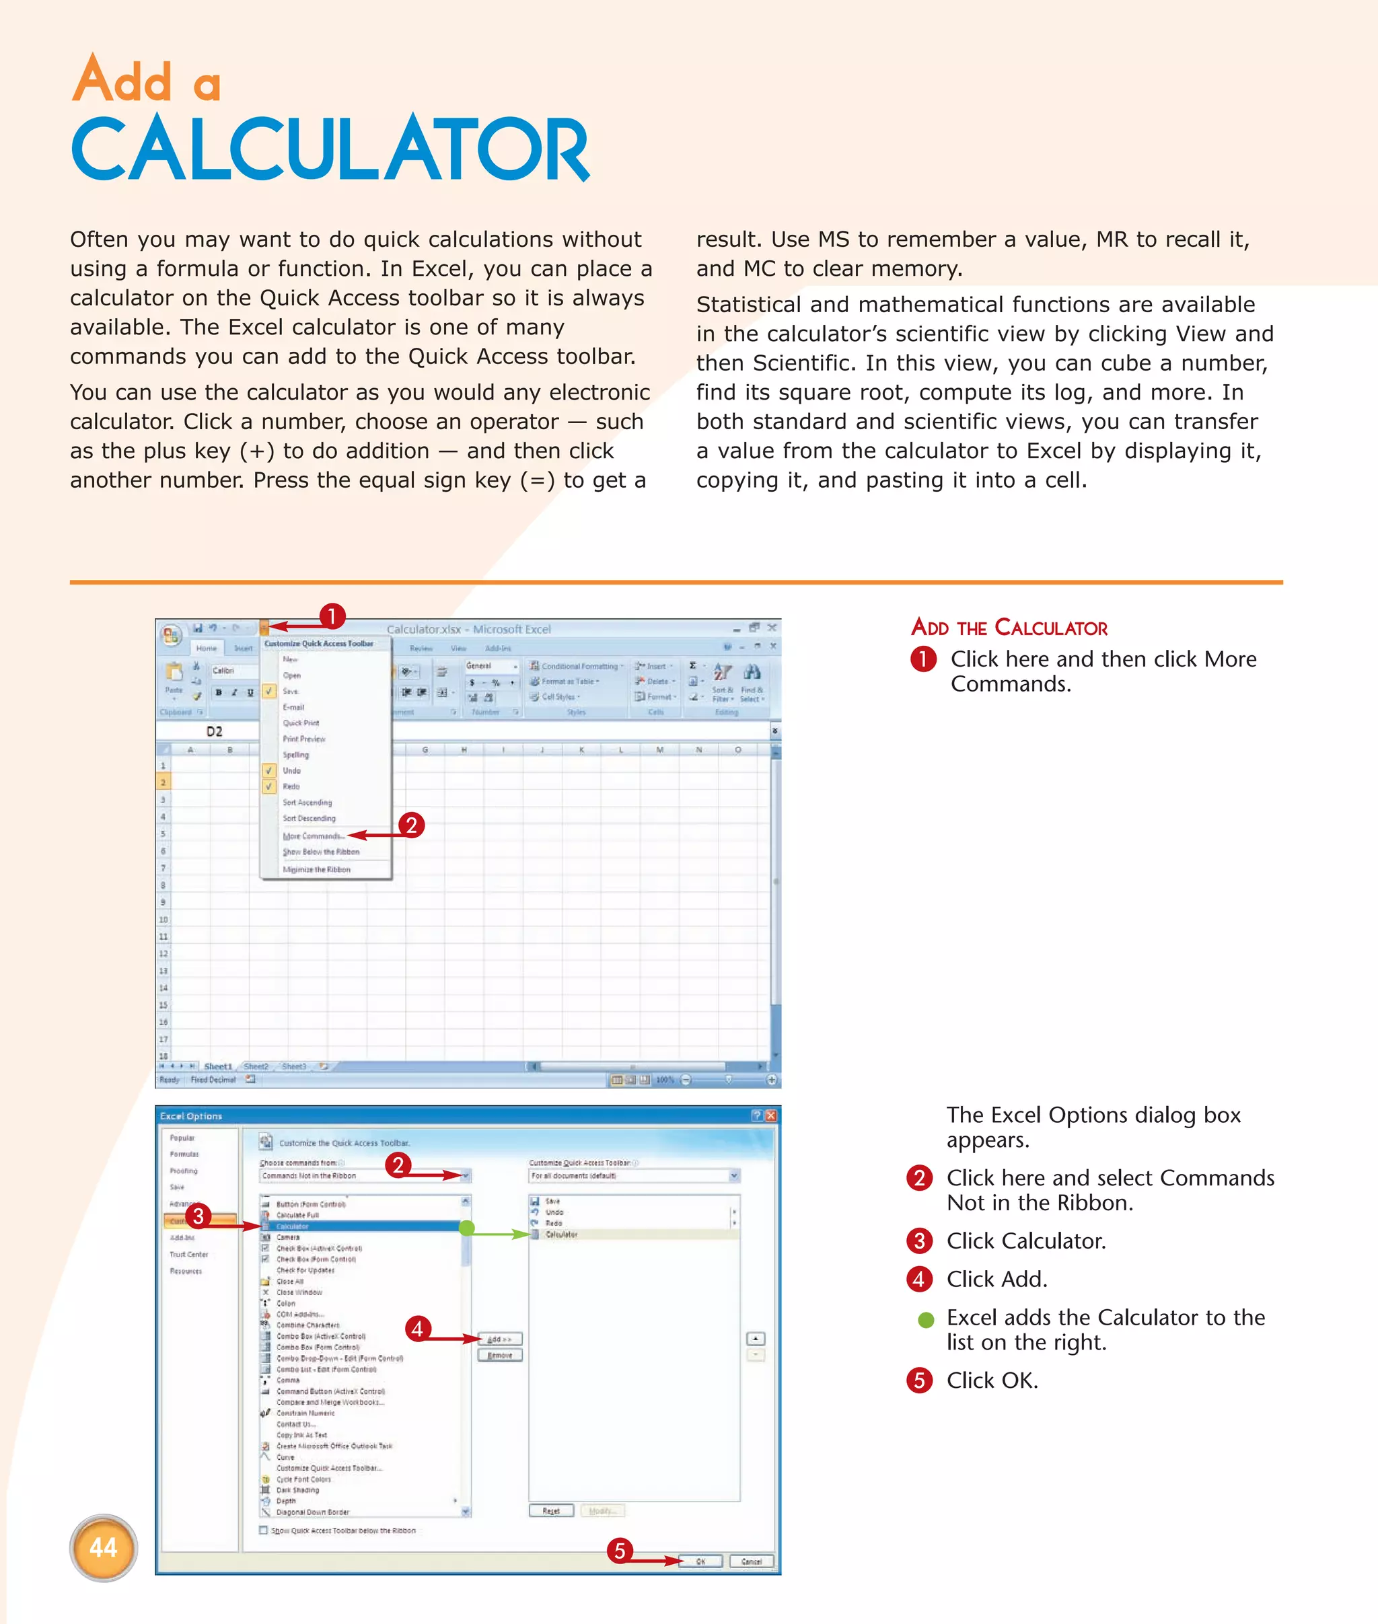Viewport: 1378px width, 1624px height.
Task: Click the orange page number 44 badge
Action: tap(103, 1547)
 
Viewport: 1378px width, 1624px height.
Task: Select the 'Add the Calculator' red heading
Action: tap(1009, 628)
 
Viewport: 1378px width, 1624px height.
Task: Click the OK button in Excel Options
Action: tap(700, 1561)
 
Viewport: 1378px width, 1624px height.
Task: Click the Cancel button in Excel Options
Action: tap(751, 1561)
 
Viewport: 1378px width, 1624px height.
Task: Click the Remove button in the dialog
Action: tap(499, 1356)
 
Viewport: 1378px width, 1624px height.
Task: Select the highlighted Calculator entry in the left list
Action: tap(359, 1226)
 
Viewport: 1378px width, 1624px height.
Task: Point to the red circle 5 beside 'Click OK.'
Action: tap(918, 1380)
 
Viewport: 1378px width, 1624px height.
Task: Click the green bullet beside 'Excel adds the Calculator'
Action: tap(926, 1320)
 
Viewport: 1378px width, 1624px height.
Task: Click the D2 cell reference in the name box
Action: tap(214, 732)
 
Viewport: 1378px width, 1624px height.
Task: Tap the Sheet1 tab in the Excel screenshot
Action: tap(217, 1066)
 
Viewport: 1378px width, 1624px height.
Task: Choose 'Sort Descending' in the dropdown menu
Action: tap(310, 819)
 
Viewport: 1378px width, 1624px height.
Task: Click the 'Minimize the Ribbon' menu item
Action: tap(316, 869)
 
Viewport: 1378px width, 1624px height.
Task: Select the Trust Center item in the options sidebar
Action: tap(189, 1255)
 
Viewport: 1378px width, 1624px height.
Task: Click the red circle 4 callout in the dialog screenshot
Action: tap(417, 1328)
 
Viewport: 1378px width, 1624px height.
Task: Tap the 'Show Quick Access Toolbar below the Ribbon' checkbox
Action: tap(263, 1530)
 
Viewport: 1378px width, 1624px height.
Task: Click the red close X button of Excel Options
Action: tap(770, 1115)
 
